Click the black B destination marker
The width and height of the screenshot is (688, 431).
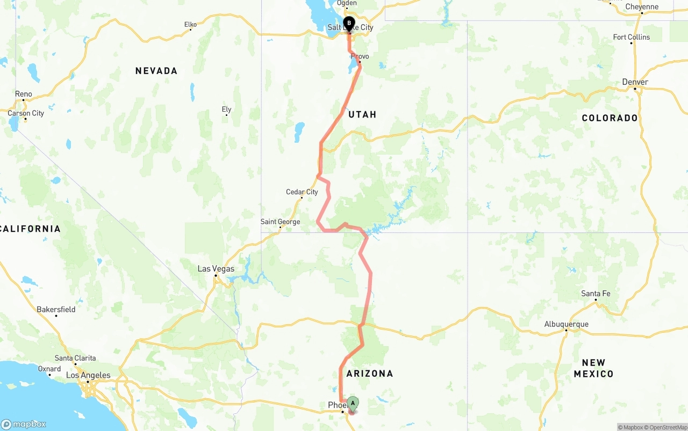click(x=349, y=24)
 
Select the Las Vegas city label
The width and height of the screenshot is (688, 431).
click(x=216, y=269)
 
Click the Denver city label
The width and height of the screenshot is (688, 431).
click(x=635, y=82)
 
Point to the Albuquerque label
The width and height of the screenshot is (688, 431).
click(x=566, y=324)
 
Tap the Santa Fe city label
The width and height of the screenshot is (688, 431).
click(x=596, y=294)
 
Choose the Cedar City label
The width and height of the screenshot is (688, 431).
click(x=302, y=192)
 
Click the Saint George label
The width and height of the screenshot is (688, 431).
click(x=280, y=222)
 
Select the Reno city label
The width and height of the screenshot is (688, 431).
click(x=24, y=94)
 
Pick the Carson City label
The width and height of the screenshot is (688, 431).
click(x=26, y=113)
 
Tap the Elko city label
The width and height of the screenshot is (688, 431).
click(x=190, y=25)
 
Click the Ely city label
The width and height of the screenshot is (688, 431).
click(x=226, y=109)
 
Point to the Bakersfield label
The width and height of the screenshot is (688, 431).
click(x=56, y=310)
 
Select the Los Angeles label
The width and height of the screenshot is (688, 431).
click(x=88, y=376)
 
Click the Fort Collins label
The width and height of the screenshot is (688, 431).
click(x=631, y=37)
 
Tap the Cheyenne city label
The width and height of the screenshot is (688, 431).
click(x=642, y=7)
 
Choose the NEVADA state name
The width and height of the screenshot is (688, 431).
click(x=156, y=71)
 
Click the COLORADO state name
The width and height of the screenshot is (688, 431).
click(x=610, y=118)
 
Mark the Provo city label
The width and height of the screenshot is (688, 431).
click(x=360, y=56)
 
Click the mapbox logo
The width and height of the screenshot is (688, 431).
click(x=24, y=424)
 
